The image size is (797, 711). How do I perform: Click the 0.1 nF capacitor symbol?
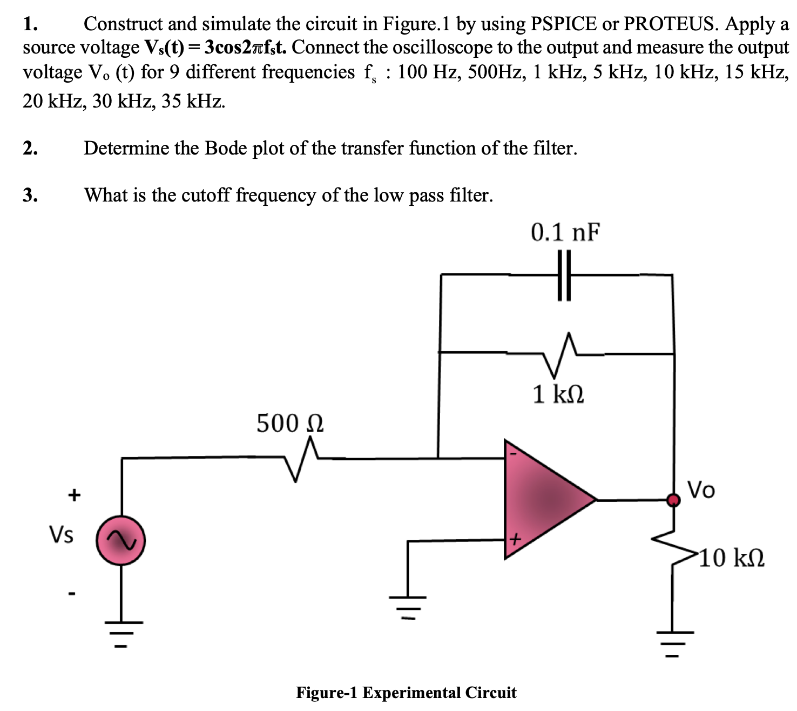[564, 275]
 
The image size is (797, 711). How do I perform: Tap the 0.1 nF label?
[565, 232]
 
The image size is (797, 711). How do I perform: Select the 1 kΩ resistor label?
[558, 394]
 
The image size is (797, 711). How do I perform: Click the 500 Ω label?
[289, 423]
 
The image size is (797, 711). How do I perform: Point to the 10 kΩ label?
[732, 558]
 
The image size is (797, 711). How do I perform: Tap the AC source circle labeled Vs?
[120, 540]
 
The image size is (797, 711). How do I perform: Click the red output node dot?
[673, 500]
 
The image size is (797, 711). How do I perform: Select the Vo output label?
[701, 490]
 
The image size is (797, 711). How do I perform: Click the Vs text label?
[62, 535]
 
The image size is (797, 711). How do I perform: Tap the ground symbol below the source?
[121, 633]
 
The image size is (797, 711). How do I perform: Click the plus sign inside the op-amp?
[515, 539]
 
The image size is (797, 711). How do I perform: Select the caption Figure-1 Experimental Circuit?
[406, 693]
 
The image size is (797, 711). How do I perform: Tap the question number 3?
[30, 195]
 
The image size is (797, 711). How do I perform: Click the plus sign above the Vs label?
[73, 494]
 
